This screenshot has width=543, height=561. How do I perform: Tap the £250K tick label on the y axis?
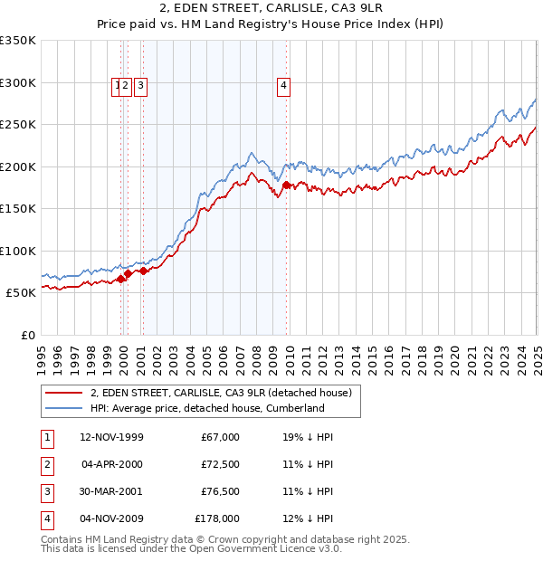[x=18, y=124]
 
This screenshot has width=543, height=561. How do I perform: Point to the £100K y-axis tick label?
[x=18, y=251]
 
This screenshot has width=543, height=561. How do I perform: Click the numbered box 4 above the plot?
[x=283, y=86]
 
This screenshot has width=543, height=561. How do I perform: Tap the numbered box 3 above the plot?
[x=143, y=86]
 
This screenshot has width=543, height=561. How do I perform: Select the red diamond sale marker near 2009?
[x=286, y=185]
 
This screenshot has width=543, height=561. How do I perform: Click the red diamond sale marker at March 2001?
[x=143, y=271]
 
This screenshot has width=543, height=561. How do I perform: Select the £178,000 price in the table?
[x=217, y=518]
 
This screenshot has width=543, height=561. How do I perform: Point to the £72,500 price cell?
[x=220, y=464]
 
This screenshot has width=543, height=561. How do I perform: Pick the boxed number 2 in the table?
[x=46, y=464]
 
